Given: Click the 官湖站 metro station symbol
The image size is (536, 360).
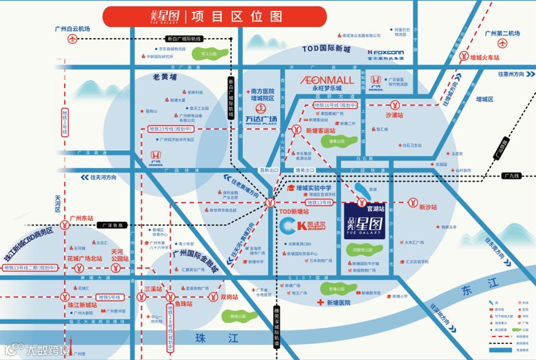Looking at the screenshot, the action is [x=361, y=203].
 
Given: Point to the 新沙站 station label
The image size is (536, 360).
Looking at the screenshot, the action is [x=428, y=207].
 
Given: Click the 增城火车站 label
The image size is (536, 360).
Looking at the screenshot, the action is [x=485, y=57].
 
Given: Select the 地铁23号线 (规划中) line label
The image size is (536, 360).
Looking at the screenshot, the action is [x=171, y=130].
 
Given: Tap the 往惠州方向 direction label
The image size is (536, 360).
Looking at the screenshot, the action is [x=510, y=74].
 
